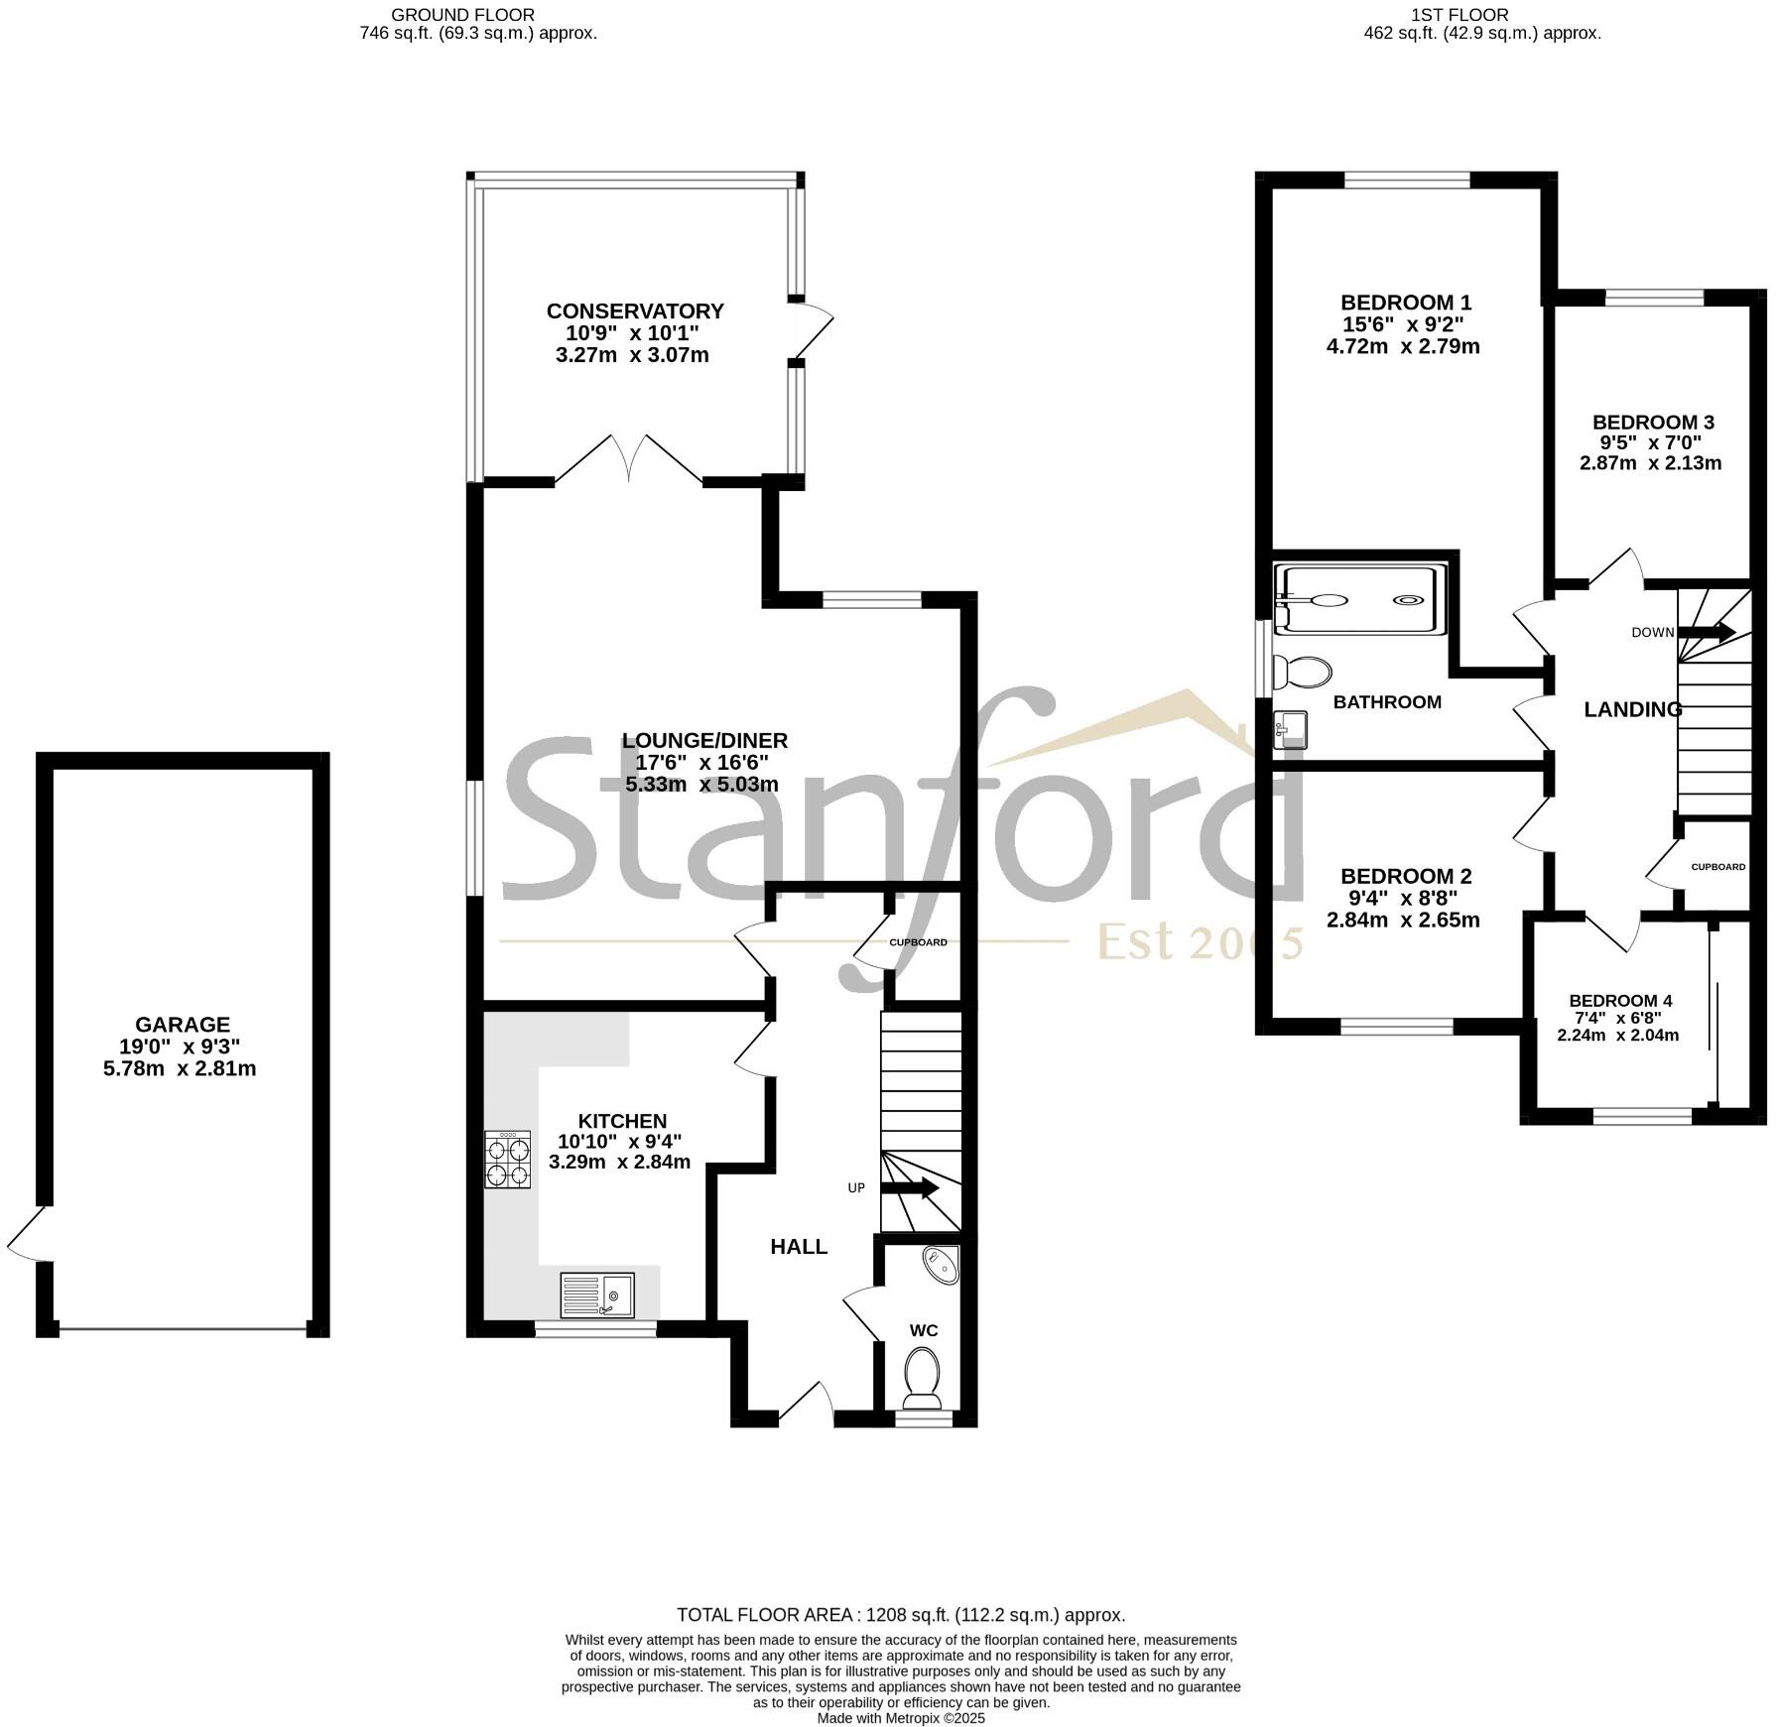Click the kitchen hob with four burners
tap(506, 1161)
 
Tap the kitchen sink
tap(597, 1295)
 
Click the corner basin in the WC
tap(941, 1265)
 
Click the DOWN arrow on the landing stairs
tap(1707, 631)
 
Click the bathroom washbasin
tap(1290, 729)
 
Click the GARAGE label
tap(183, 1025)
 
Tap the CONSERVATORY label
tap(635, 311)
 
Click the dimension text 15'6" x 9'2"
tap(1402, 324)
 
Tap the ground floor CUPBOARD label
tap(918, 942)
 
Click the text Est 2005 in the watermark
tap(1199, 942)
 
